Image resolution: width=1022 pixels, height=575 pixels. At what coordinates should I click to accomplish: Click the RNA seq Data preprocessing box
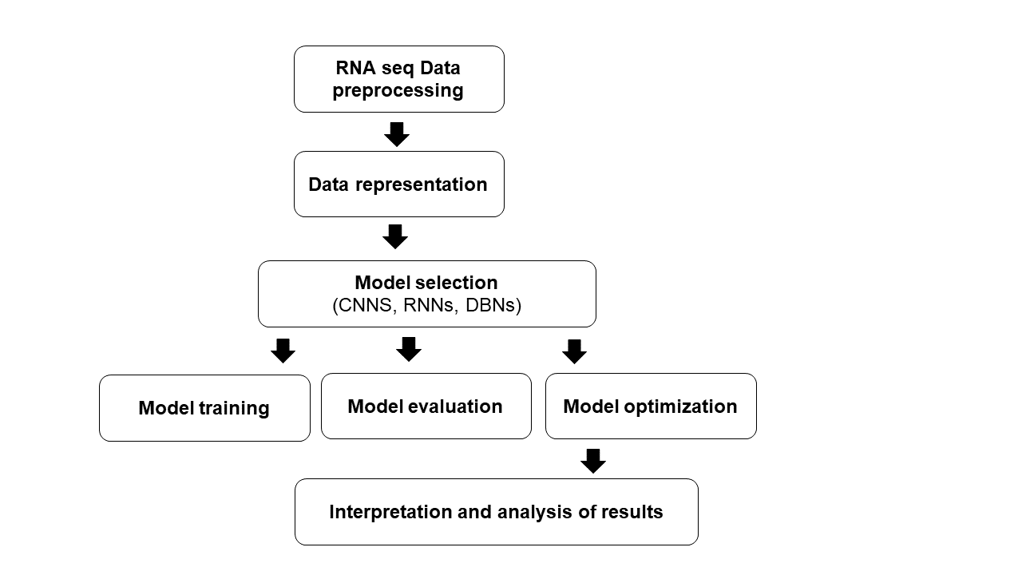point(398,79)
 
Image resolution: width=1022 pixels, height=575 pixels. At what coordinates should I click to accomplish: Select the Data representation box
point(398,184)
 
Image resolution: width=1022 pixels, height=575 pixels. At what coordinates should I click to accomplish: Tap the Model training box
point(204,408)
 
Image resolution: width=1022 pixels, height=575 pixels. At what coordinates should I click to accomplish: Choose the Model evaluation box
point(426,406)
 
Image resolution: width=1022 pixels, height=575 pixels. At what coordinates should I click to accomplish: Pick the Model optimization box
point(651,406)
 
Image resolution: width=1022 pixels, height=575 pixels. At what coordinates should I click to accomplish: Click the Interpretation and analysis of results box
point(496,512)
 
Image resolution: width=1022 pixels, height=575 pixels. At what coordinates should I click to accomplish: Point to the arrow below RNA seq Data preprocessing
point(397,134)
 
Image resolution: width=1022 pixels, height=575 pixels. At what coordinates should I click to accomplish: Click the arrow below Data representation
point(395,236)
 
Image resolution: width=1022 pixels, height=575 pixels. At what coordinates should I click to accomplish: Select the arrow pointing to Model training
point(283,351)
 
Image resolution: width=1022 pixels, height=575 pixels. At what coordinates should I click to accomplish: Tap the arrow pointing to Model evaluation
point(408,349)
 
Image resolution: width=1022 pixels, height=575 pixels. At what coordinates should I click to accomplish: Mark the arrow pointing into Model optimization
point(574,351)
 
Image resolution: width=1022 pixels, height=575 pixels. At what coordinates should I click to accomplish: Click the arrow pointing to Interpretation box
point(592,461)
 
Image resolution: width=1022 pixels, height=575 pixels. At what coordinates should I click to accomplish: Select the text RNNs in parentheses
point(427,306)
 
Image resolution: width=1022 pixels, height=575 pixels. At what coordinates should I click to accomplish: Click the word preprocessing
point(398,90)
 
